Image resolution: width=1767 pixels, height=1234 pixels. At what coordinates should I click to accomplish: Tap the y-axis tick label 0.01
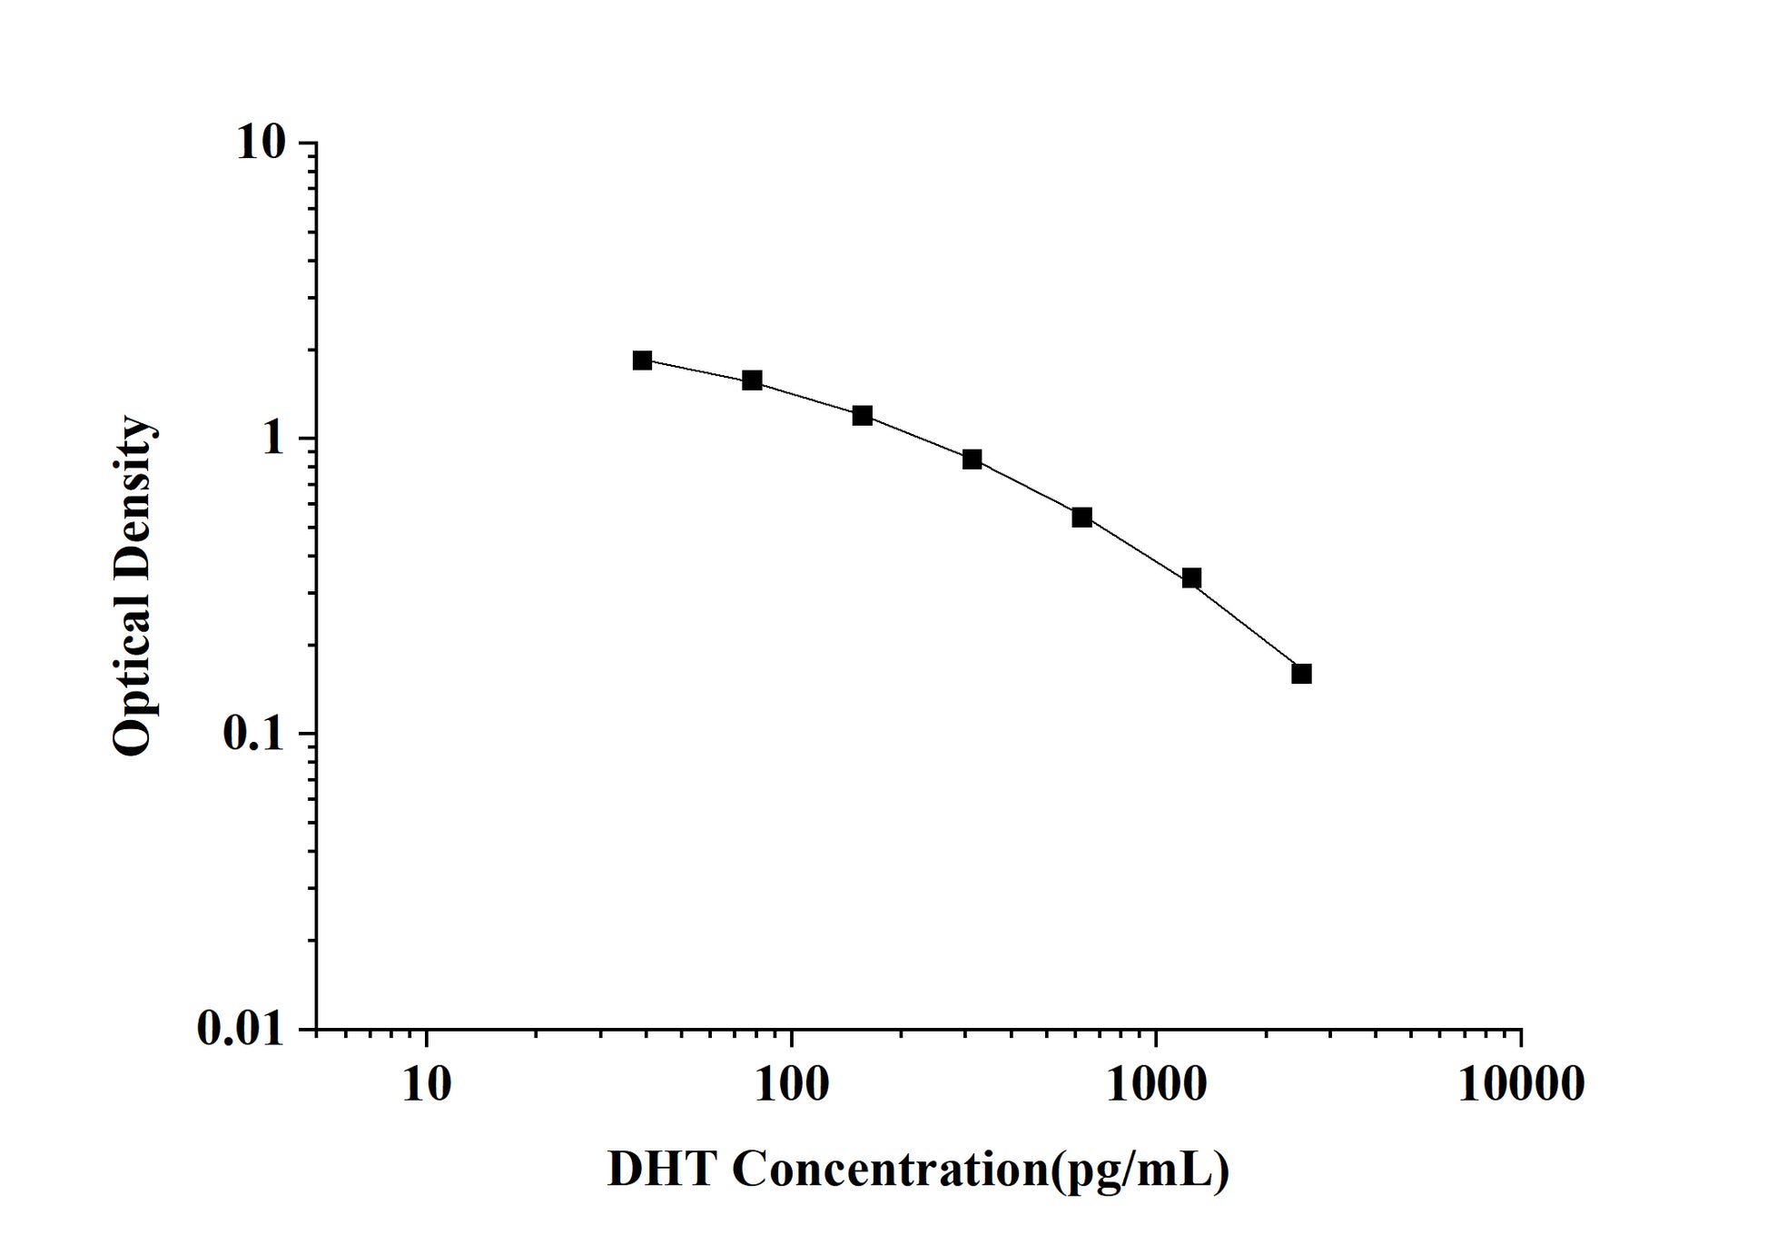point(241,1029)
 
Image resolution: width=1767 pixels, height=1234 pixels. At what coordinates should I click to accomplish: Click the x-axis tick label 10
point(426,1083)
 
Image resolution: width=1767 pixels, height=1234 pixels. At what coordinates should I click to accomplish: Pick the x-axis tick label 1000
point(1156,1083)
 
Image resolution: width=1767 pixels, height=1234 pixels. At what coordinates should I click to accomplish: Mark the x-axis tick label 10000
point(1521,1083)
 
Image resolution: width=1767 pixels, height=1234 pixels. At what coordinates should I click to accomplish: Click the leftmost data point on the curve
point(643,360)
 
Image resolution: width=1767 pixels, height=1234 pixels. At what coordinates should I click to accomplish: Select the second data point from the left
point(752,380)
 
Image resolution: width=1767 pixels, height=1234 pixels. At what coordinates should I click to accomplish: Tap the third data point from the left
point(863,416)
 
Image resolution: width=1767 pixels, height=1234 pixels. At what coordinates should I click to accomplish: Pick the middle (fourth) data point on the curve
point(972,459)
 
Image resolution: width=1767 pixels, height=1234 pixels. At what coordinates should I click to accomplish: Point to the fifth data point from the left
point(1081,518)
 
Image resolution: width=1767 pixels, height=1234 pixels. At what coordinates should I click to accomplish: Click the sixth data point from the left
point(1191,578)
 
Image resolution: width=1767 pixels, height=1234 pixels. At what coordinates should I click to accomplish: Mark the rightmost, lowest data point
point(1301,674)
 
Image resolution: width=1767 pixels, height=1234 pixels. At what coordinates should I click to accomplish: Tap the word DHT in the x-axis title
point(662,1170)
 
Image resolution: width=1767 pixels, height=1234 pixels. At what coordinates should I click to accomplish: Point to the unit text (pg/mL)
point(1140,1170)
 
